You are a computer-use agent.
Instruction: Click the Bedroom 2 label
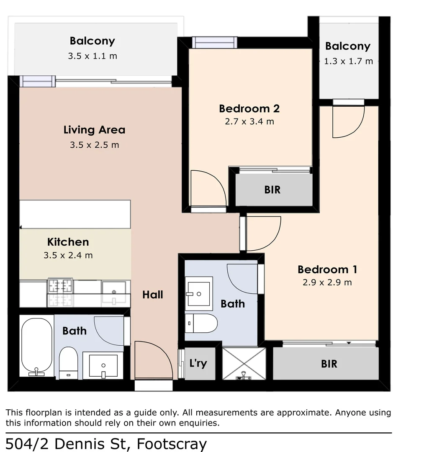click(x=249, y=109)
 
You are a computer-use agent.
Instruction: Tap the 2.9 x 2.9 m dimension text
click(x=327, y=282)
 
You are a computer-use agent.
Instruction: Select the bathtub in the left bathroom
click(x=36, y=346)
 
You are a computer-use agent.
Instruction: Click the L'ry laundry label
click(x=198, y=363)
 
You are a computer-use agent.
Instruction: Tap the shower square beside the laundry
click(x=244, y=364)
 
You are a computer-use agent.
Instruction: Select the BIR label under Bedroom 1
click(x=329, y=364)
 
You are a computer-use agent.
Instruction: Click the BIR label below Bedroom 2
click(x=272, y=190)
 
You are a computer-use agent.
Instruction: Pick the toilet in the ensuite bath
click(x=202, y=323)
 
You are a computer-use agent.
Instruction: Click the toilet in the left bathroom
click(x=68, y=362)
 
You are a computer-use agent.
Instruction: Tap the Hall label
click(x=152, y=295)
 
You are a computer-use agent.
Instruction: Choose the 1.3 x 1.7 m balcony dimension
click(x=348, y=62)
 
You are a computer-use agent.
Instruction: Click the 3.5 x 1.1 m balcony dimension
click(x=92, y=56)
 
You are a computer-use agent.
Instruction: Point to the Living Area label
click(x=94, y=130)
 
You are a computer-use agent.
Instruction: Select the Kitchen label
click(x=68, y=242)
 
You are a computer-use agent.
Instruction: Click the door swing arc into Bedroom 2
click(x=208, y=188)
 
